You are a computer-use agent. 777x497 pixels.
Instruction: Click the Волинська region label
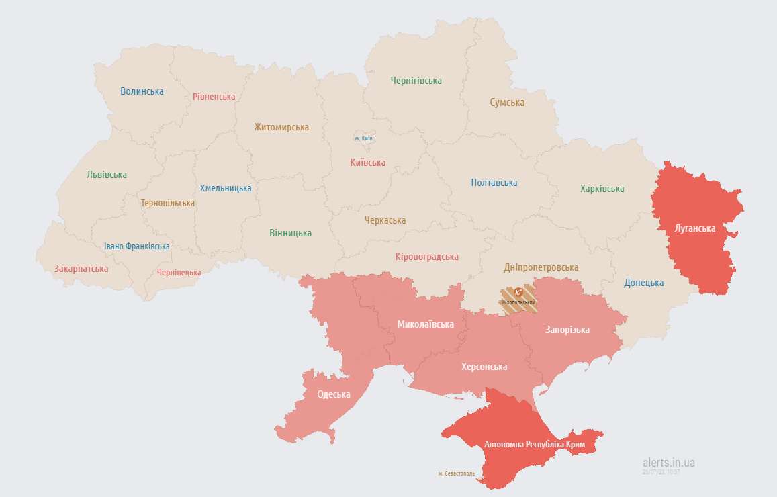pyautogui.click(x=142, y=91)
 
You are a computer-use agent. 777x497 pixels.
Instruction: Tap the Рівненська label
pyautogui.click(x=214, y=97)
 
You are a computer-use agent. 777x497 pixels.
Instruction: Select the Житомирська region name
pyautogui.click(x=281, y=127)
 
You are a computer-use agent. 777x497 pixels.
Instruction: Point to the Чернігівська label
pyautogui.click(x=416, y=81)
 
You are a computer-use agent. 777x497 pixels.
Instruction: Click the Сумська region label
pyautogui.click(x=507, y=103)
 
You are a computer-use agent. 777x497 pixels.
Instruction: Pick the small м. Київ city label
pyautogui.click(x=364, y=138)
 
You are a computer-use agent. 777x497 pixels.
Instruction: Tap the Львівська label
pyautogui.click(x=107, y=175)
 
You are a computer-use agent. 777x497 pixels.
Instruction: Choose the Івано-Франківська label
pyautogui.click(x=137, y=246)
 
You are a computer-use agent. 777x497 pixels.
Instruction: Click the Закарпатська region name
pyautogui.click(x=81, y=269)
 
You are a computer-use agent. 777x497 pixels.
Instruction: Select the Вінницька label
pyautogui.click(x=290, y=233)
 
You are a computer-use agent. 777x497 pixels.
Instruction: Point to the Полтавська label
pyautogui.click(x=494, y=183)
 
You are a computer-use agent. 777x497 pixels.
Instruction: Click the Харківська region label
pyautogui.click(x=602, y=189)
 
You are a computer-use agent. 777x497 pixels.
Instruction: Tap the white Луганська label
pyautogui.click(x=695, y=228)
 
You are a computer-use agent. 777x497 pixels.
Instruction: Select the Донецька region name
pyautogui.click(x=643, y=283)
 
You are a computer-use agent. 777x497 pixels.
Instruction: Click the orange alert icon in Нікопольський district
pyautogui.click(x=518, y=292)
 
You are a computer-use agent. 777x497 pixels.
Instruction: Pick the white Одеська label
pyautogui.click(x=334, y=395)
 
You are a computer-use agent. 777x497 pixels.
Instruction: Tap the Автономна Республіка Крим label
pyautogui.click(x=535, y=445)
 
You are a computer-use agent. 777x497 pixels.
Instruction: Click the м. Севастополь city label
pyautogui.click(x=457, y=473)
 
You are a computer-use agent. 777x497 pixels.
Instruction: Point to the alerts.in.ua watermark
pyautogui.click(x=668, y=463)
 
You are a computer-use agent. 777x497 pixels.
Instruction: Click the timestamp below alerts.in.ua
pyautogui.click(x=661, y=472)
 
